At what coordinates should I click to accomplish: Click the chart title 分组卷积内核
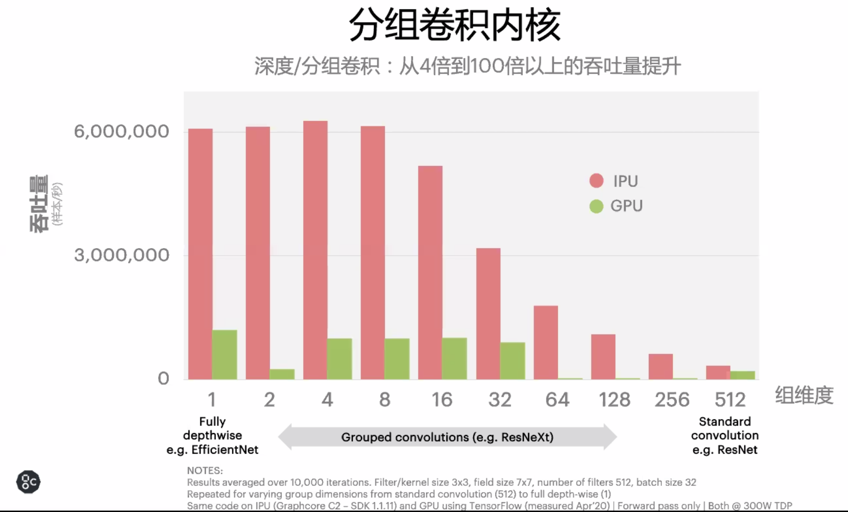(454, 25)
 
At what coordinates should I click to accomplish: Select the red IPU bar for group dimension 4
(315, 250)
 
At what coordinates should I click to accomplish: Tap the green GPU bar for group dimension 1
(225, 354)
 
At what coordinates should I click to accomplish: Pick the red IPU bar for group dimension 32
(488, 313)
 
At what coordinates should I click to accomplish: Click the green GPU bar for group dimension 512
(743, 375)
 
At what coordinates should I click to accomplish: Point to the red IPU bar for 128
(603, 357)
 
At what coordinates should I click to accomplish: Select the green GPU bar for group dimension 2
(282, 374)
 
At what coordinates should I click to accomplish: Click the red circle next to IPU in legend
(596, 181)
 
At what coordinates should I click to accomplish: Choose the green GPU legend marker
(596, 206)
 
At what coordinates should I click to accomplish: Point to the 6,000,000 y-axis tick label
(121, 131)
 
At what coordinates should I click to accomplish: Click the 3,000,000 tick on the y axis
(121, 255)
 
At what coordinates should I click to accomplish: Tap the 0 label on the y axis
(163, 378)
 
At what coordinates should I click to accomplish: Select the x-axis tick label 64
(557, 400)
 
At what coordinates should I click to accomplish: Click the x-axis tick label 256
(672, 400)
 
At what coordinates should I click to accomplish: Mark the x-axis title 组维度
(804, 395)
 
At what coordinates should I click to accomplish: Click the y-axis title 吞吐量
(39, 204)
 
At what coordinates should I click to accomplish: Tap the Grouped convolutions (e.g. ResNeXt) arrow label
(447, 437)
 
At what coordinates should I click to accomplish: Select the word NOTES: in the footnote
(205, 470)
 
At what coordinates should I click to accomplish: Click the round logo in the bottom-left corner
(28, 482)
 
